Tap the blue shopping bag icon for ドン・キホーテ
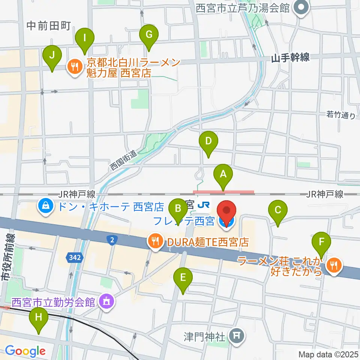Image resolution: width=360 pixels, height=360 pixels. click(45, 206)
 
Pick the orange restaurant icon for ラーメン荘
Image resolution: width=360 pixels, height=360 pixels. click(333, 266)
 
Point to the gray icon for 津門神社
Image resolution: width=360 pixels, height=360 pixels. click(236, 335)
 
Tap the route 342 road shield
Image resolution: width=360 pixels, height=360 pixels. click(73, 257)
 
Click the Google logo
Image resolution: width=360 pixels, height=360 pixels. click(25, 351)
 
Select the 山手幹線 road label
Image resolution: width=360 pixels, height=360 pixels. click(291, 57)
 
